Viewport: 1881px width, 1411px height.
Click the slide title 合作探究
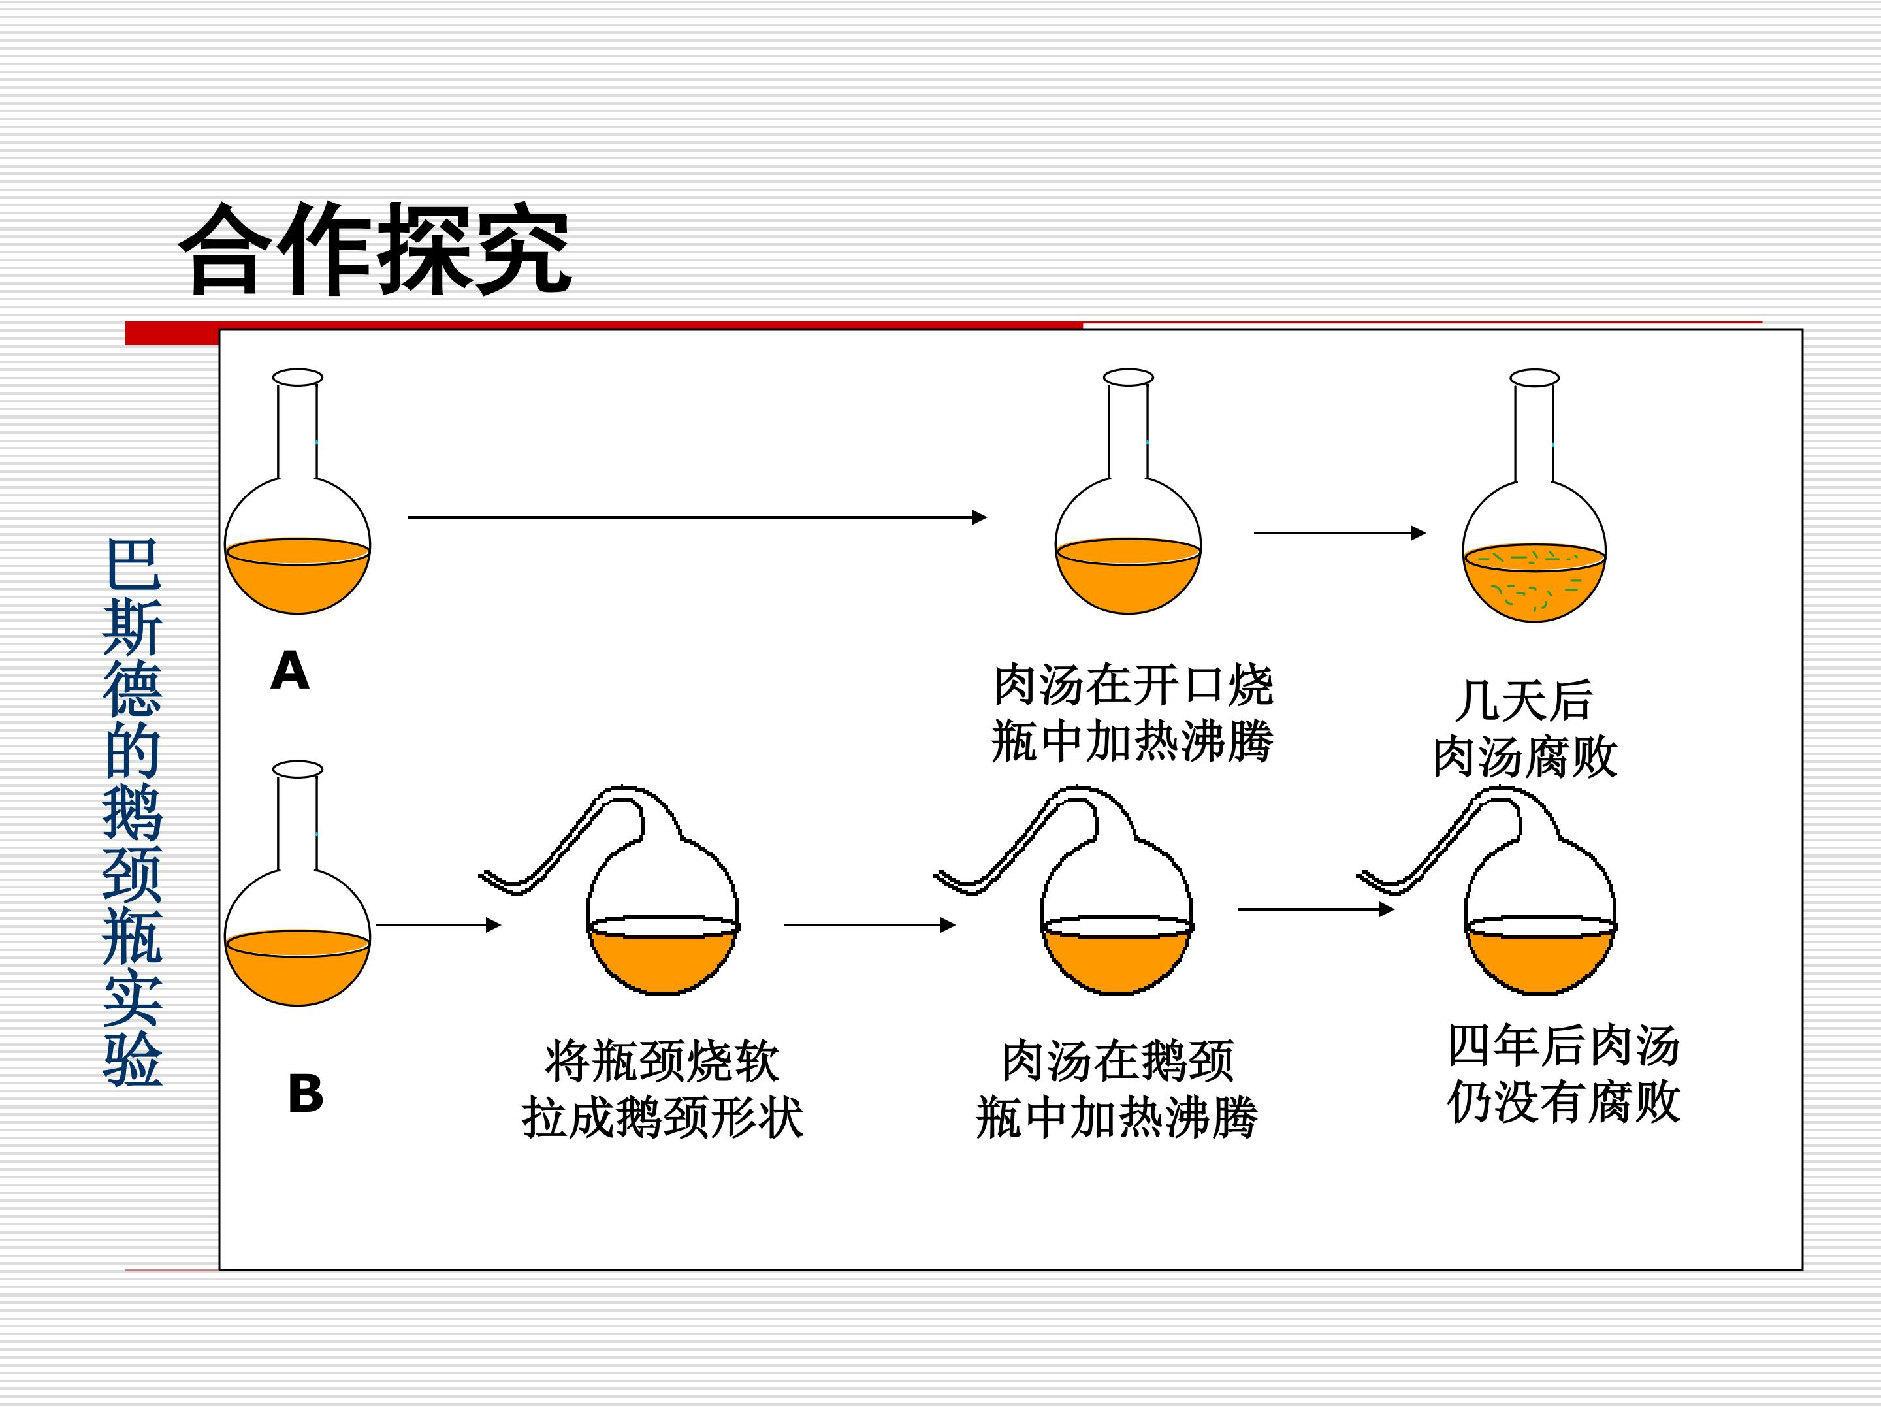375,248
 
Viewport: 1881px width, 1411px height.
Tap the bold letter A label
290,671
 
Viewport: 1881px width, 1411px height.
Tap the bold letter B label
306,1094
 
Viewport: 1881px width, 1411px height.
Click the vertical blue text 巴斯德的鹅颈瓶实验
133,812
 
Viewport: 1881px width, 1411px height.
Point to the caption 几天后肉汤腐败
1524,728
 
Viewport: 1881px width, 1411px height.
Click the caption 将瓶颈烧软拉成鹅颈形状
662,1090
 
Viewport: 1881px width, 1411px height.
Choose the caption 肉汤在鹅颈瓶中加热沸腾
1117,1090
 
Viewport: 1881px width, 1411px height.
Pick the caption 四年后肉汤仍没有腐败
1564,1074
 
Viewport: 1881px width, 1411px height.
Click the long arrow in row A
698,517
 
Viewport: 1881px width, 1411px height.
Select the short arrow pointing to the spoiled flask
1340,533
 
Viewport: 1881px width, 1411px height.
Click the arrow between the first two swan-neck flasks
870,924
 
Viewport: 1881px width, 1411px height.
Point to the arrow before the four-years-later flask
1316,909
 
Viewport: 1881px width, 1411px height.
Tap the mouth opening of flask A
298,377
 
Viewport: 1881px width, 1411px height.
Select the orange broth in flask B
298,971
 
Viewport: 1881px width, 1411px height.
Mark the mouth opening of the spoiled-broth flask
1534,377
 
